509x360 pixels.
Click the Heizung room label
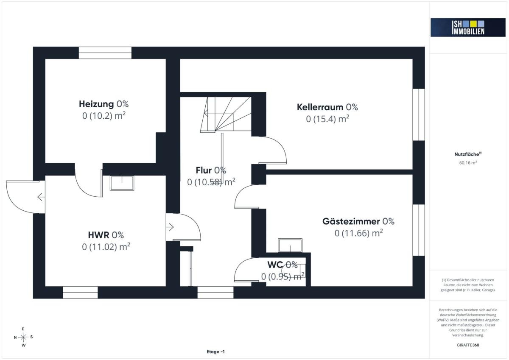point(96,104)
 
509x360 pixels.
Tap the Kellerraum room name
point(320,107)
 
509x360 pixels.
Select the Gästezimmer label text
point(351,221)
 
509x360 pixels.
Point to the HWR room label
point(98,235)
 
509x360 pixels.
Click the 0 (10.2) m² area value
point(104,116)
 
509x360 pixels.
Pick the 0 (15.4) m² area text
point(327,119)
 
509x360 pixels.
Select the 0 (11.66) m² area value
point(358,233)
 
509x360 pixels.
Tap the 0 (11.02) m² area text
point(106,247)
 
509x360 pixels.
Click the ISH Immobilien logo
point(468,28)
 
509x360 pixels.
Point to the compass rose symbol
point(23,337)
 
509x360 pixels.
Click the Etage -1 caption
point(215,352)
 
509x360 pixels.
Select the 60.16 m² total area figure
point(468,163)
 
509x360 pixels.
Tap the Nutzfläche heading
point(468,154)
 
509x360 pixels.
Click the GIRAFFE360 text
point(468,345)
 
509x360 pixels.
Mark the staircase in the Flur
point(226,115)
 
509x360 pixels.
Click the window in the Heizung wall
point(105,53)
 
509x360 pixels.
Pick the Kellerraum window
point(419,115)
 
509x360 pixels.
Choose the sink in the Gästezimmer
point(290,245)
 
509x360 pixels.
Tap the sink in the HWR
point(122,183)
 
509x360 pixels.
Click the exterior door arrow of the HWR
point(41,197)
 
